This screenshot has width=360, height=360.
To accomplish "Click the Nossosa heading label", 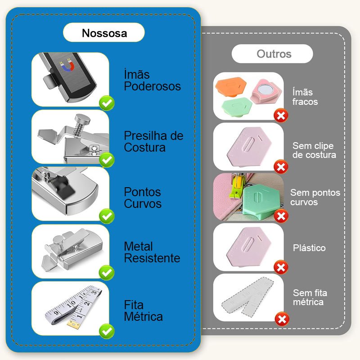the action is (x=104, y=33).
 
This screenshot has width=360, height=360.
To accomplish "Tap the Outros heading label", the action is (x=274, y=54).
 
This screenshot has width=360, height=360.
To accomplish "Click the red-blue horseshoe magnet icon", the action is (x=68, y=65).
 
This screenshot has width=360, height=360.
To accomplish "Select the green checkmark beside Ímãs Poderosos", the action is (x=107, y=103).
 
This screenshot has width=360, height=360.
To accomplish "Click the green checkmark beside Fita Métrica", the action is (x=107, y=331).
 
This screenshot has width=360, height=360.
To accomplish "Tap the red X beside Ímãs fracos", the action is (x=281, y=116).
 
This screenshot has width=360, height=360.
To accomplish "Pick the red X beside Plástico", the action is (x=281, y=267).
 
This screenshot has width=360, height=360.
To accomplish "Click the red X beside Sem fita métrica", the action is (x=282, y=319).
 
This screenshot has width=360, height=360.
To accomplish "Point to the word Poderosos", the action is (x=152, y=86).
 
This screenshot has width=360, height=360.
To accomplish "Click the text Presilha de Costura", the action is (x=153, y=141).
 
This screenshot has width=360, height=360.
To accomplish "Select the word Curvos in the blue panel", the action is (x=143, y=203).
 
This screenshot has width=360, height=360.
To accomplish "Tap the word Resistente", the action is (x=152, y=258).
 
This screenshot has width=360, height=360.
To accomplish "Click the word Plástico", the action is (x=309, y=248).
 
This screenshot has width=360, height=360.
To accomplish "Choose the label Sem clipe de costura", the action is (x=314, y=150).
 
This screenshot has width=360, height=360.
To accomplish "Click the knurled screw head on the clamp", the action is (x=82, y=119).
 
